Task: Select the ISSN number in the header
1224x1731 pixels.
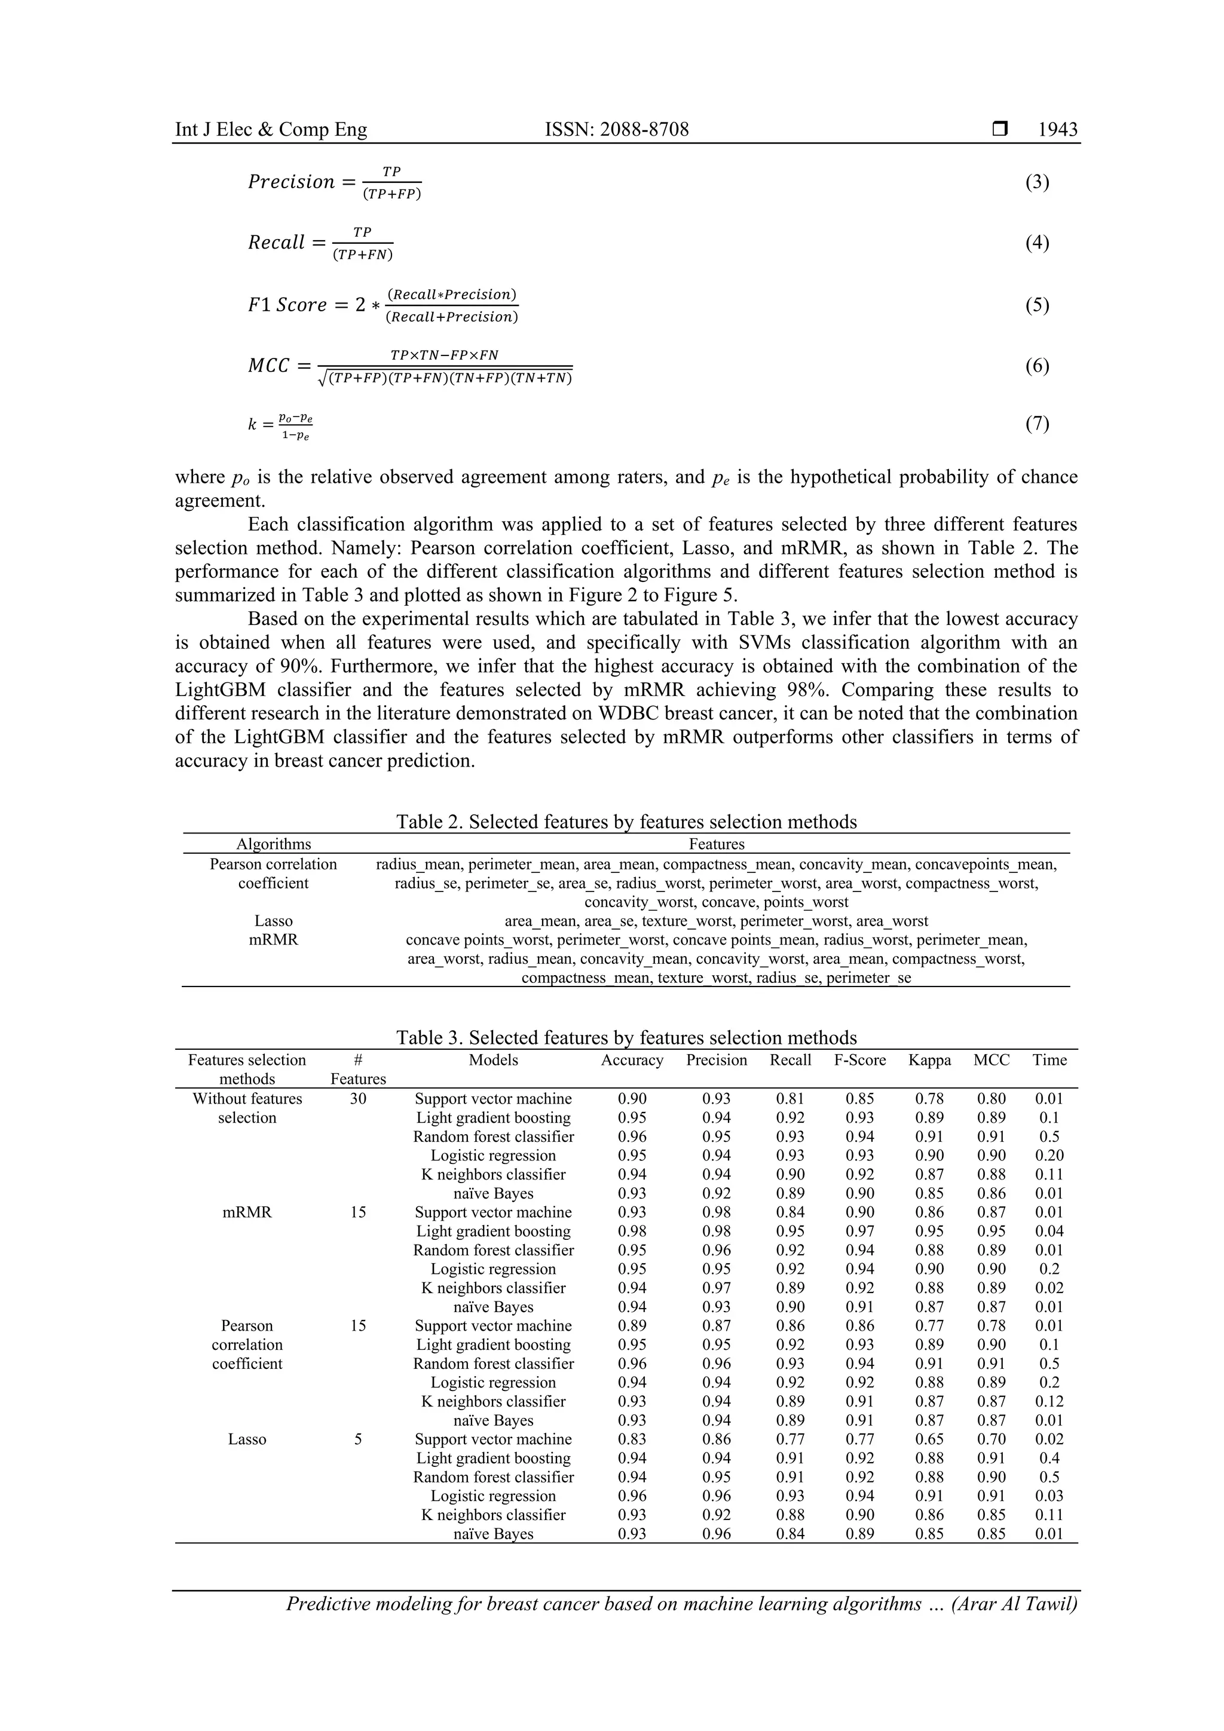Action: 616,130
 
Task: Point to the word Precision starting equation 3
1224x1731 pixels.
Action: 291,182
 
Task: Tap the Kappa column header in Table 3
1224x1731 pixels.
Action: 929,1060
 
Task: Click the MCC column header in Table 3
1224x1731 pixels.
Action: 991,1060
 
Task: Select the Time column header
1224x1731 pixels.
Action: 1049,1060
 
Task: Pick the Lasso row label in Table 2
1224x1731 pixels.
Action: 273,921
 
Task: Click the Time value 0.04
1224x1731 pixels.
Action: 1049,1231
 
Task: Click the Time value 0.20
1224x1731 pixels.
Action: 1049,1156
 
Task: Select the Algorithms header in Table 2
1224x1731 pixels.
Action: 273,844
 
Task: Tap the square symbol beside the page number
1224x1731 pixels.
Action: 999,130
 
